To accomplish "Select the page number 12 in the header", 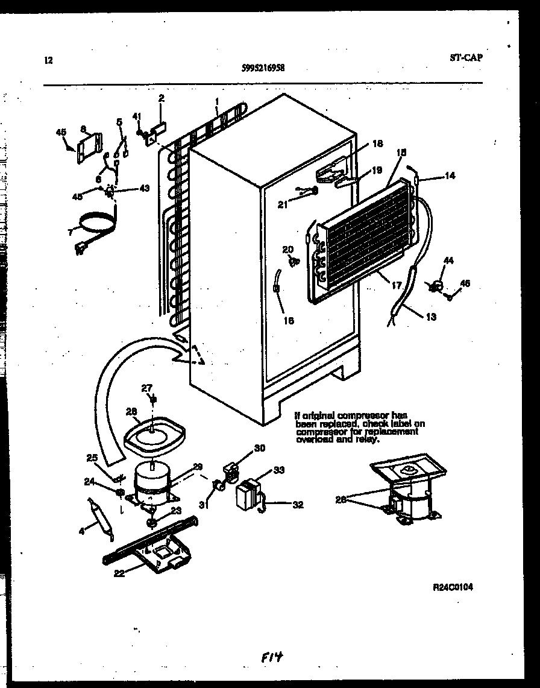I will pyautogui.click(x=48, y=60).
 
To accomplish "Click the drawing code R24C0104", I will pyautogui.click(x=452, y=587).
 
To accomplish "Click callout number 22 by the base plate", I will pyautogui.click(x=119, y=573).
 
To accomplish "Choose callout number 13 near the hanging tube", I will pyautogui.click(x=430, y=317).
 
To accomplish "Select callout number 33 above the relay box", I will pyautogui.click(x=278, y=470).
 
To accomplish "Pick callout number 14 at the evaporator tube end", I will pyautogui.click(x=450, y=176).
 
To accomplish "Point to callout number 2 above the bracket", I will pyautogui.click(x=161, y=98).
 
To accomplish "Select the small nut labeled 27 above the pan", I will pyautogui.click(x=153, y=399).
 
